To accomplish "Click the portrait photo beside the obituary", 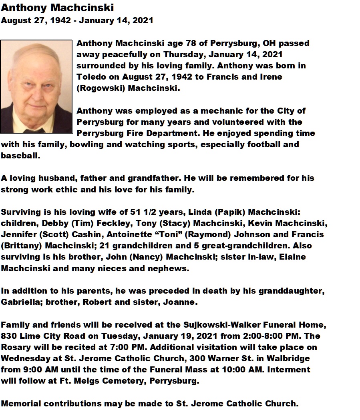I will (x=36, y=86).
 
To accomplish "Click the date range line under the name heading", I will (x=77, y=20).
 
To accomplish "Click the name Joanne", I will (x=180, y=302).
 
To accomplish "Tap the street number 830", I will (x=9, y=336).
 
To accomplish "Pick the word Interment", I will (x=288, y=370).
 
